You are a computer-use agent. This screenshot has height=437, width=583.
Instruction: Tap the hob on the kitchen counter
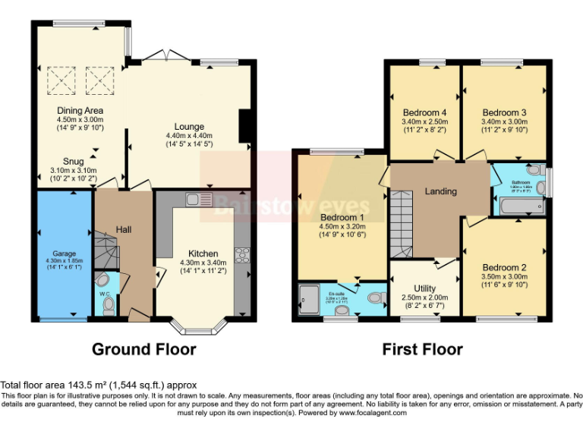[244, 255]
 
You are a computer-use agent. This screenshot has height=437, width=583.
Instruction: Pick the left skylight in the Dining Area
[58, 78]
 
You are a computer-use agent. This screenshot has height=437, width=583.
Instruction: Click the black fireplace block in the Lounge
[244, 126]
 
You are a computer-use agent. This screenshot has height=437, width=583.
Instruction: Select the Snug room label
[74, 160]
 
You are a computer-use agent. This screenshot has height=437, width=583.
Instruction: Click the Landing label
[440, 191]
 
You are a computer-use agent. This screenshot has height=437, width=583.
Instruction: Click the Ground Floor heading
[144, 350]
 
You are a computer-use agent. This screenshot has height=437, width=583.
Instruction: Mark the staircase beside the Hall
[108, 250]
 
